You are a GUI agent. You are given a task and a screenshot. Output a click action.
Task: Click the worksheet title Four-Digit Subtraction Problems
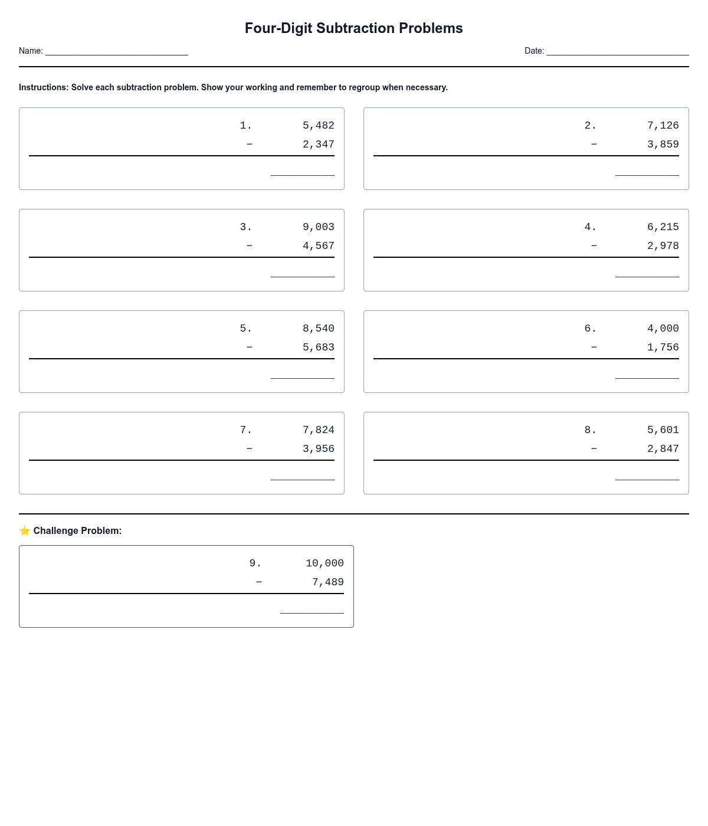click(353, 28)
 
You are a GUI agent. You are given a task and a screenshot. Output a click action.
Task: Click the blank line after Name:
click(116, 51)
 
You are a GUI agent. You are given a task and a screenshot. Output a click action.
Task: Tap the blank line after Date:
click(618, 51)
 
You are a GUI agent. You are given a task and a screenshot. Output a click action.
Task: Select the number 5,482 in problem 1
click(318, 126)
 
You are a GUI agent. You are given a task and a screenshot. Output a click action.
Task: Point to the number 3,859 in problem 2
click(663, 145)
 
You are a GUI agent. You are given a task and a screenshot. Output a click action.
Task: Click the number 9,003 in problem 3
click(318, 227)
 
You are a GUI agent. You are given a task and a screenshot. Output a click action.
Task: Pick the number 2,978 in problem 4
click(663, 246)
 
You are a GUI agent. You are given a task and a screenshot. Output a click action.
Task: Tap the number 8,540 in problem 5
click(318, 329)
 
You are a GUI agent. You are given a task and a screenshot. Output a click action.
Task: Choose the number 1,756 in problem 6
click(663, 348)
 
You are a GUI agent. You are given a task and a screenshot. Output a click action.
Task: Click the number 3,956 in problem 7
click(318, 449)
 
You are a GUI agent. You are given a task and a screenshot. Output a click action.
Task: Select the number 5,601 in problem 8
click(663, 430)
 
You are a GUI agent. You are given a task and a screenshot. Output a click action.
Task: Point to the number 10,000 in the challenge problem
click(324, 563)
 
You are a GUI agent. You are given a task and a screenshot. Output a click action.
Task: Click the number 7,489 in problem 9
click(327, 582)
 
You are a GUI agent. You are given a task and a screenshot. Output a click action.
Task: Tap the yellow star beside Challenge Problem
click(25, 531)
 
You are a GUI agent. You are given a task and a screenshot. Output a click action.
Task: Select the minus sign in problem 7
click(249, 449)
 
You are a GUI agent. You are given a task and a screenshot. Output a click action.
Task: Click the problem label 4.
click(590, 227)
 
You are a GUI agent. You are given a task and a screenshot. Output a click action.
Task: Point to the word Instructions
click(44, 87)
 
